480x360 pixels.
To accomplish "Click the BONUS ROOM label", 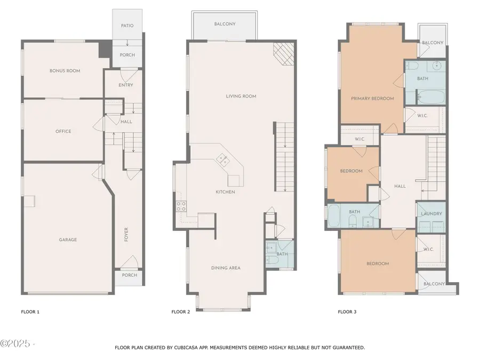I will point(65,70).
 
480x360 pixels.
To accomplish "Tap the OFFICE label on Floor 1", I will point(63,131).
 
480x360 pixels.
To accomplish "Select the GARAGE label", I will point(68,239).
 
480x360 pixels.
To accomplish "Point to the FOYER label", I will point(126,234).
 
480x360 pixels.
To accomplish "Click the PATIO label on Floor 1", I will point(127,26).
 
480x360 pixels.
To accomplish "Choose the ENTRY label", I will point(126,85).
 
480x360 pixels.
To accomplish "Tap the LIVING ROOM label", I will point(241,97).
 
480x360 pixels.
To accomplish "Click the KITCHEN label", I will point(225,192).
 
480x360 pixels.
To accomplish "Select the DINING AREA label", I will point(226,268).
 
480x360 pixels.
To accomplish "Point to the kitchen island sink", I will point(222,159).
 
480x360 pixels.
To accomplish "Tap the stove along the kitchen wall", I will point(181,206).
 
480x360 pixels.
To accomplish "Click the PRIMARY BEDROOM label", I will point(372,98).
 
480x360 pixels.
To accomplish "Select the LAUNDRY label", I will point(431,214).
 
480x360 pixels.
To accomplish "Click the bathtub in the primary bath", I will point(430,98).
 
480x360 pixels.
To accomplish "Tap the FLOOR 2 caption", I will point(181,311).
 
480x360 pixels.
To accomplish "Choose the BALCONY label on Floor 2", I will point(225,24).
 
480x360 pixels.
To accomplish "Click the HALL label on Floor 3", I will point(400,186).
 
